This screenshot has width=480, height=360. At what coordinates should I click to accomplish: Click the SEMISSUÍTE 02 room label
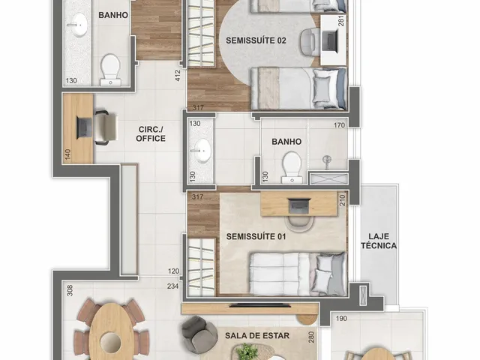256,40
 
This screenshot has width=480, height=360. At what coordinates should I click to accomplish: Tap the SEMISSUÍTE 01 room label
256,236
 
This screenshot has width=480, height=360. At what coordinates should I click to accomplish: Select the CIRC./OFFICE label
151,133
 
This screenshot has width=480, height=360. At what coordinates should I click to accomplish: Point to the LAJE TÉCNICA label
379,241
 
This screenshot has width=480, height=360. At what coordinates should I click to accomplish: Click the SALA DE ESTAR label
257,335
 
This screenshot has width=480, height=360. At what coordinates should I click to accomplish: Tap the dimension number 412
178,76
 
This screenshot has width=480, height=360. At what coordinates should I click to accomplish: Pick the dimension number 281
342,20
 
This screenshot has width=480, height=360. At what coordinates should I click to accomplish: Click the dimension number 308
70,290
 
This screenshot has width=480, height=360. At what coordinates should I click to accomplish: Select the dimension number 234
172,286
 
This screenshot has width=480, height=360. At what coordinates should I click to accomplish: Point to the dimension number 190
341,318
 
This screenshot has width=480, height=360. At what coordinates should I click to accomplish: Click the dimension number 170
339,125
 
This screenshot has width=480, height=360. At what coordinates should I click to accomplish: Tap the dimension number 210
342,200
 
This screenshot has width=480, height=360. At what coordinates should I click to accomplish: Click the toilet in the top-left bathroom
110,70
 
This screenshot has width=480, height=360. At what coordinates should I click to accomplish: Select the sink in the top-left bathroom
79,25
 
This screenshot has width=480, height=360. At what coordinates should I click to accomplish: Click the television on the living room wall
260,305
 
